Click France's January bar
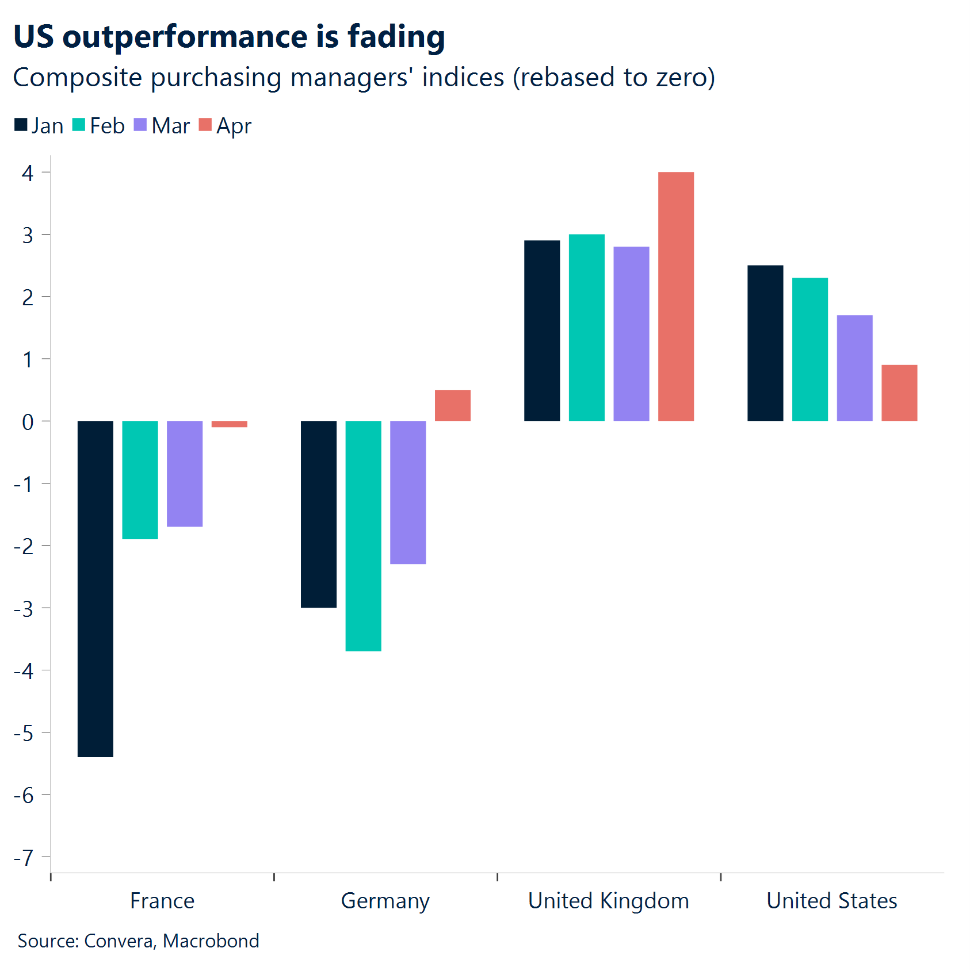click(96, 588)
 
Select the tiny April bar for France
click(229, 424)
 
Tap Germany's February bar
click(363, 535)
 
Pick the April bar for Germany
click(452, 405)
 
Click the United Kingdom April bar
click(675, 296)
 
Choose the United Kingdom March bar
click(631, 333)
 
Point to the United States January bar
click(765, 343)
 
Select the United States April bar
click(899, 393)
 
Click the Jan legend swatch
click(21, 125)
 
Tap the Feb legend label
click(107, 126)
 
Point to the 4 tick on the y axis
click(28, 172)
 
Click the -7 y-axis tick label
click(24, 857)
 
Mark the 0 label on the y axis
click(28, 422)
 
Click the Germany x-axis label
click(385, 901)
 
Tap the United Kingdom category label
click(608, 901)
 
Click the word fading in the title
click(396, 37)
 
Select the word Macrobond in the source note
click(211, 941)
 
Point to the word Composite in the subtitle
click(77, 78)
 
